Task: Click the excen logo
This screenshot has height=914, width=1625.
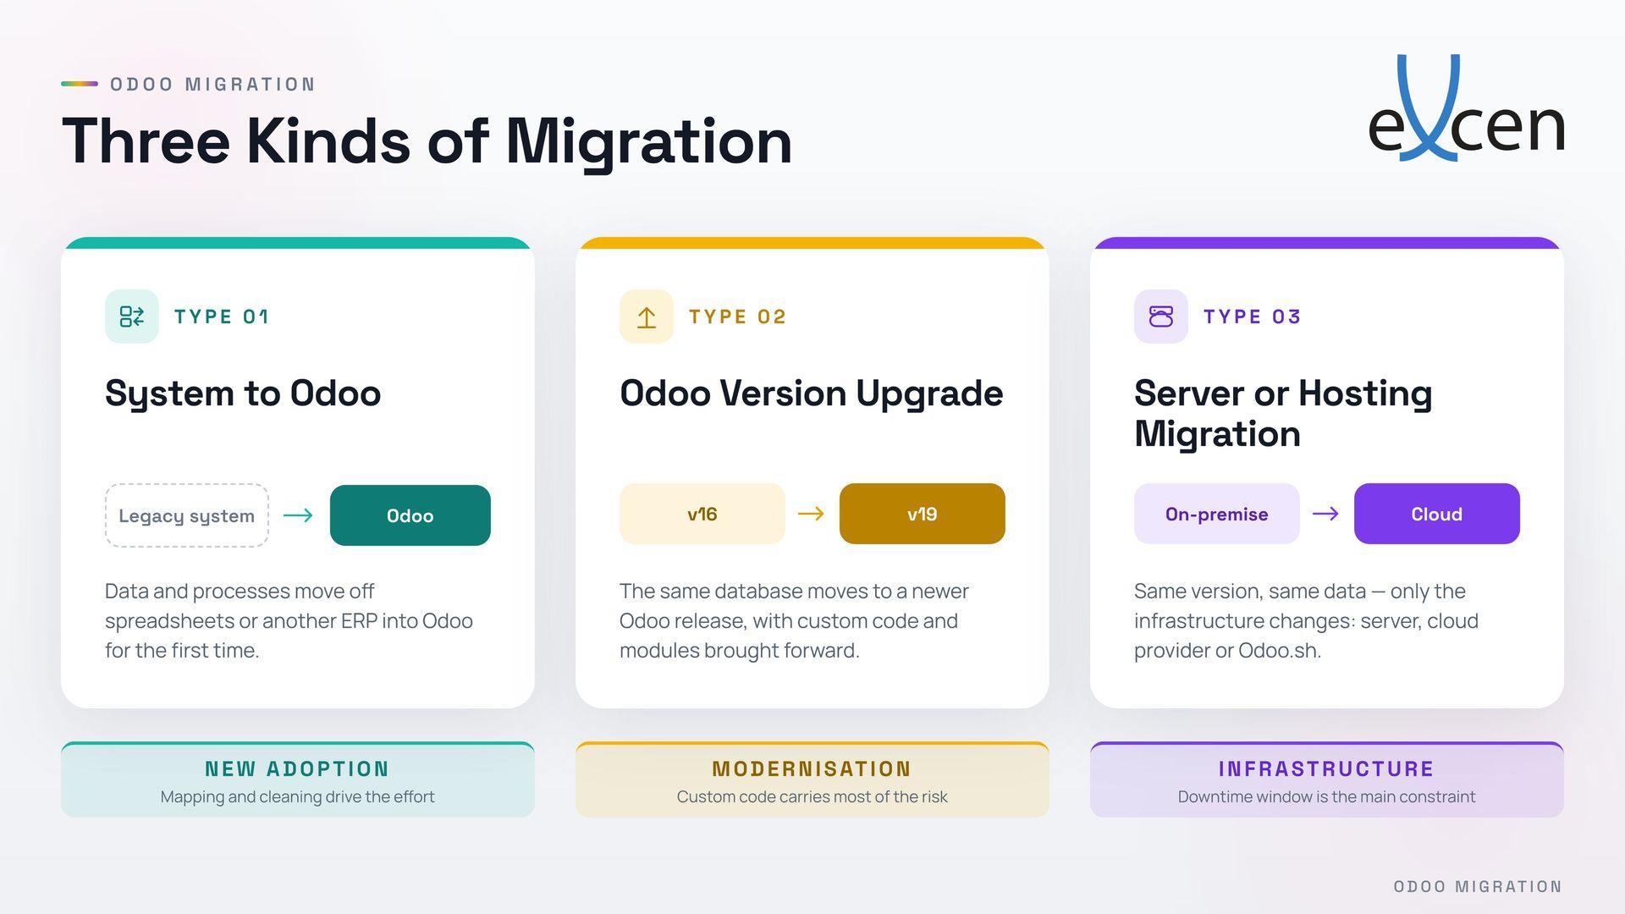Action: (1466, 108)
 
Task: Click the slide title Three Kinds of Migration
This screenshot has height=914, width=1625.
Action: (427, 141)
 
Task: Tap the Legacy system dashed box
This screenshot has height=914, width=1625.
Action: (187, 515)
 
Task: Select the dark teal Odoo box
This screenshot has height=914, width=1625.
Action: (410, 515)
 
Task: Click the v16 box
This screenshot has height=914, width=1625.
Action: (702, 514)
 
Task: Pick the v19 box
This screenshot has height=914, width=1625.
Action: (923, 514)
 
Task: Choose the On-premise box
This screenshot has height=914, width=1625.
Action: (1217, 514)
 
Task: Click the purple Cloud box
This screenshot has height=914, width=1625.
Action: (1437, 514)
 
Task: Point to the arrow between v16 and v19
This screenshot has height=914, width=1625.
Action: (811, 514)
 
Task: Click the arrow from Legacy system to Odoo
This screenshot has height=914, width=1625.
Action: (298, 515)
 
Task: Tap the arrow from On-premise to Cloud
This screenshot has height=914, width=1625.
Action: (1325, 514)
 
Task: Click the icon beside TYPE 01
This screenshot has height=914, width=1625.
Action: (132, 317)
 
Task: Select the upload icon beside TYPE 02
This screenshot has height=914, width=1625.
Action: (647, 317)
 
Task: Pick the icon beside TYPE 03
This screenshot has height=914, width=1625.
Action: (1161, 317)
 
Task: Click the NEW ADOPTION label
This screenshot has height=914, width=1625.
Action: (297, 769)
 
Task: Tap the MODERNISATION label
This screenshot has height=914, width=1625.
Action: (812, 769)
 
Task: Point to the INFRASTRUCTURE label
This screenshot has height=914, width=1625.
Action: (1326, 769)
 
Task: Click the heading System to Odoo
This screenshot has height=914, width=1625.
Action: (243, 394)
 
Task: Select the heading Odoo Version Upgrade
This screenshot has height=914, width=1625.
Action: (812, 394)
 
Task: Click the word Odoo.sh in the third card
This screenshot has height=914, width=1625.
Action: (1279, 651)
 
